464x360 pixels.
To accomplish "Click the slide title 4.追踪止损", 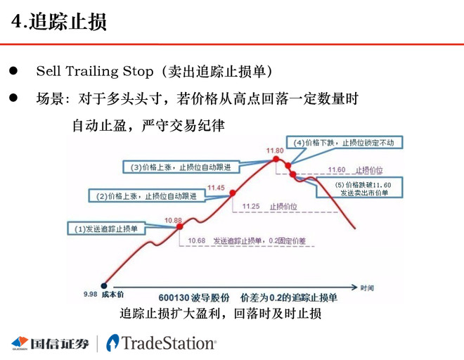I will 60,22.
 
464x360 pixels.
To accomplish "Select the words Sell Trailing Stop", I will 94,72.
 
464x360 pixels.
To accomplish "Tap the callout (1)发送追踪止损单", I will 107,228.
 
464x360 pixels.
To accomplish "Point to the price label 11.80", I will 275,150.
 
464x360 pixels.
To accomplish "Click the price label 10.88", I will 173,220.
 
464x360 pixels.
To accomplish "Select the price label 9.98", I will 91,295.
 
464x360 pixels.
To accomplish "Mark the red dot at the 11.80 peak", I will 278,160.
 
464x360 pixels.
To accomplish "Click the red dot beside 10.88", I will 180,226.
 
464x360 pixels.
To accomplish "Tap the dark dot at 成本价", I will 105,285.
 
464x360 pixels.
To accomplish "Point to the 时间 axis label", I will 367,288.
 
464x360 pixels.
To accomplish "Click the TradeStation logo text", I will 168,343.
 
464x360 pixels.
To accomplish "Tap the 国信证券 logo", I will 50,343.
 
